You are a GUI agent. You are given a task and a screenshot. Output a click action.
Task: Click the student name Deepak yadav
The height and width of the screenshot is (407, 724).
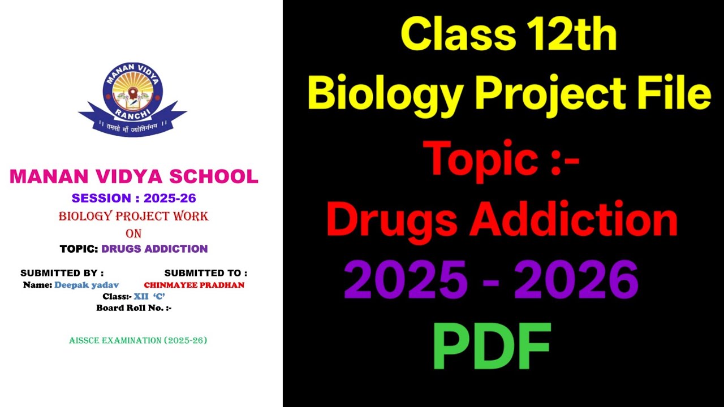87,285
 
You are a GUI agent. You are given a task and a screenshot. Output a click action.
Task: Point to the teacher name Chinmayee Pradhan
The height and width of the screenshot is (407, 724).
194,285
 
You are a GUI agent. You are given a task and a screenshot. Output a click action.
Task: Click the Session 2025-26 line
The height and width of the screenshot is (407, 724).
134,198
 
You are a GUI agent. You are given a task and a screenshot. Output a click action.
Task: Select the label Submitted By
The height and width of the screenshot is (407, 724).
62,273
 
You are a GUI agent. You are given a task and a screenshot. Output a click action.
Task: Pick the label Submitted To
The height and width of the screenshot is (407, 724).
206,273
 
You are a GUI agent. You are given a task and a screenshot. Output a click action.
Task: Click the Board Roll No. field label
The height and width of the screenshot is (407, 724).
134,308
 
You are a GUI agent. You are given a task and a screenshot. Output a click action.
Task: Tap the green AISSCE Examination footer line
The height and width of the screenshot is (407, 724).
138,340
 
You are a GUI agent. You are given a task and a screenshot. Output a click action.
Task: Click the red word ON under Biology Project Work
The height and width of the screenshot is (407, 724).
133,233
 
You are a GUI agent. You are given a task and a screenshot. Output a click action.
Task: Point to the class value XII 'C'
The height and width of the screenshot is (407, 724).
149,296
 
